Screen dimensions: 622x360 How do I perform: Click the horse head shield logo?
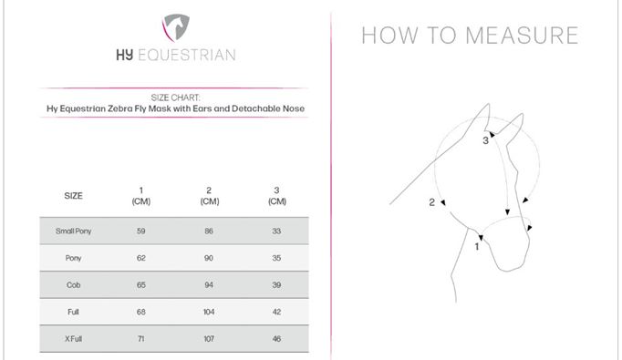pyautogui.click(x=176, y=27)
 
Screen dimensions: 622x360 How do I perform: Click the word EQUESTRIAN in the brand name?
pyautogui.click(x=186, y=55)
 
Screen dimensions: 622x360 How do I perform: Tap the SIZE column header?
pyautogui.click(x=73, y=195)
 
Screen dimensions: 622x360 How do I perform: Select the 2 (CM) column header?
pyautogui.click(x=209, y=195)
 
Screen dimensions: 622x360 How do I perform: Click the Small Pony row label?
pyautogui.click(x=73, y=231)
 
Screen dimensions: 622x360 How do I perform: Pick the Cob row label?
pyautogui.click(x=73, y=285)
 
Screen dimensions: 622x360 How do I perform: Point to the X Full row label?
pyautogui.click(x=73, y=339)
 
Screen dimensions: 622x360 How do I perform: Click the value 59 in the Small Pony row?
pyautogui.click(x=141, y=231)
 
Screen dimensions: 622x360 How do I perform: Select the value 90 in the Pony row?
pyautogui.click(x=209, y=258)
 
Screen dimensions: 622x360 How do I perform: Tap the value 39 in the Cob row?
pyautogui.click(x=276, y=285)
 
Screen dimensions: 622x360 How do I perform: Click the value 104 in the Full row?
pyautogui.click(x=209, y=312)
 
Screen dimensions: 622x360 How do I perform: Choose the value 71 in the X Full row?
pyautogui.click(x=140, y=339)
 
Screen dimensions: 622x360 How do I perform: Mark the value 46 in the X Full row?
pyautogui.click(x=276, y=339)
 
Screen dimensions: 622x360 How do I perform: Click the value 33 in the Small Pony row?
pyautogui.click(x=276, y=231)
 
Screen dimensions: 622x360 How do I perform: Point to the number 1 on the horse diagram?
pyautogui.click(x=477, y=247)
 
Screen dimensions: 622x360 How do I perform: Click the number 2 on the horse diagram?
pyautogui.click(x=431, y=202)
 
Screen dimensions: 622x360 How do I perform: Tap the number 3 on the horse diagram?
pyautogui.click(x=485, y=140)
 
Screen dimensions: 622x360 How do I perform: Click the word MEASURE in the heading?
pyautogui.click(x=522, y=36)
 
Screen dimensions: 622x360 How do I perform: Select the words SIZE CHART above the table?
pyautogui.click(x=175, y=98)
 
